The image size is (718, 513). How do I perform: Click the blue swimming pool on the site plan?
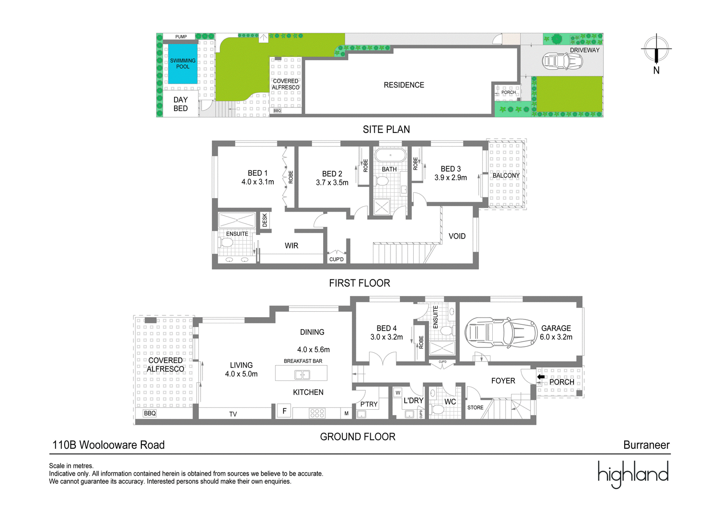click(183, 64)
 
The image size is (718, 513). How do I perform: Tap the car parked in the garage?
click(501, 333)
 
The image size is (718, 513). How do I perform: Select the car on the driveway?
click(562, 61)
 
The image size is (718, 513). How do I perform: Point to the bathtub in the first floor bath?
click(390, 155)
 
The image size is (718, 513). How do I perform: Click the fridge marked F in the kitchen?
click(285, 411)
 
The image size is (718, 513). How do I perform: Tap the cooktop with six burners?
click(317, 413)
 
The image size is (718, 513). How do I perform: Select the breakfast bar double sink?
click(302, 374)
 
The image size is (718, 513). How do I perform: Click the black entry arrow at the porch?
click(541, 376)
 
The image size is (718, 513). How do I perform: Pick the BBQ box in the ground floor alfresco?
click(150, 413)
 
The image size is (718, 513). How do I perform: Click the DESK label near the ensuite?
click(265, 221)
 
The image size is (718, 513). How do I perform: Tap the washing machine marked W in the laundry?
click(398, 393)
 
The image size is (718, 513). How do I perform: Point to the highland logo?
click(633, 474)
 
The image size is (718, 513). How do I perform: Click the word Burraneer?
click(646, 445)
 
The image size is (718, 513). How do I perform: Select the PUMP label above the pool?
click(181, 36)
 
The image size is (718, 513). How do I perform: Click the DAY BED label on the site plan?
click(180, 104)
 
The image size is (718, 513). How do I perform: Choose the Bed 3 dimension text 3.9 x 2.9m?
click(451, 177)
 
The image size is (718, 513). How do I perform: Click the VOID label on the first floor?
click(457, 236)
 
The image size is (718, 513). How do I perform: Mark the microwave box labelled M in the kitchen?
click(346, 413)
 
